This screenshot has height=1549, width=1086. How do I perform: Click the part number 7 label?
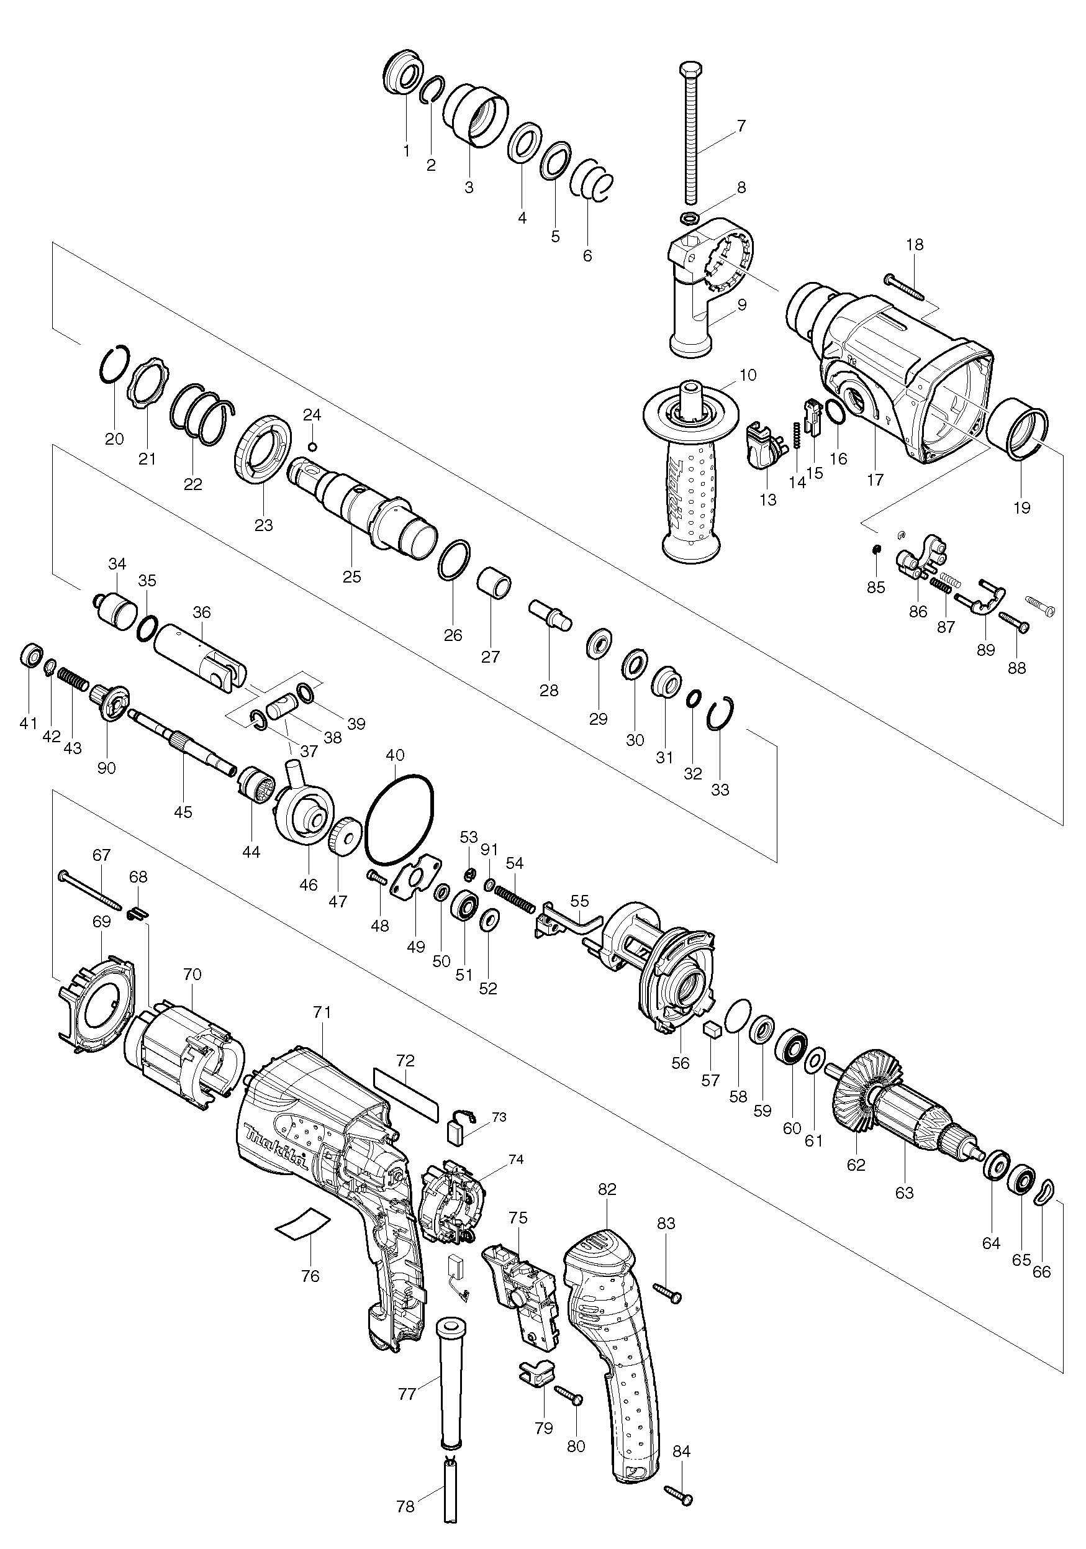tap(741, 125)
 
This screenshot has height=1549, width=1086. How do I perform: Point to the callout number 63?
tap(904, 1192)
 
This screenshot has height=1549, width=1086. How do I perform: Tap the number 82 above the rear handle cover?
tap(607, 1208)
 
